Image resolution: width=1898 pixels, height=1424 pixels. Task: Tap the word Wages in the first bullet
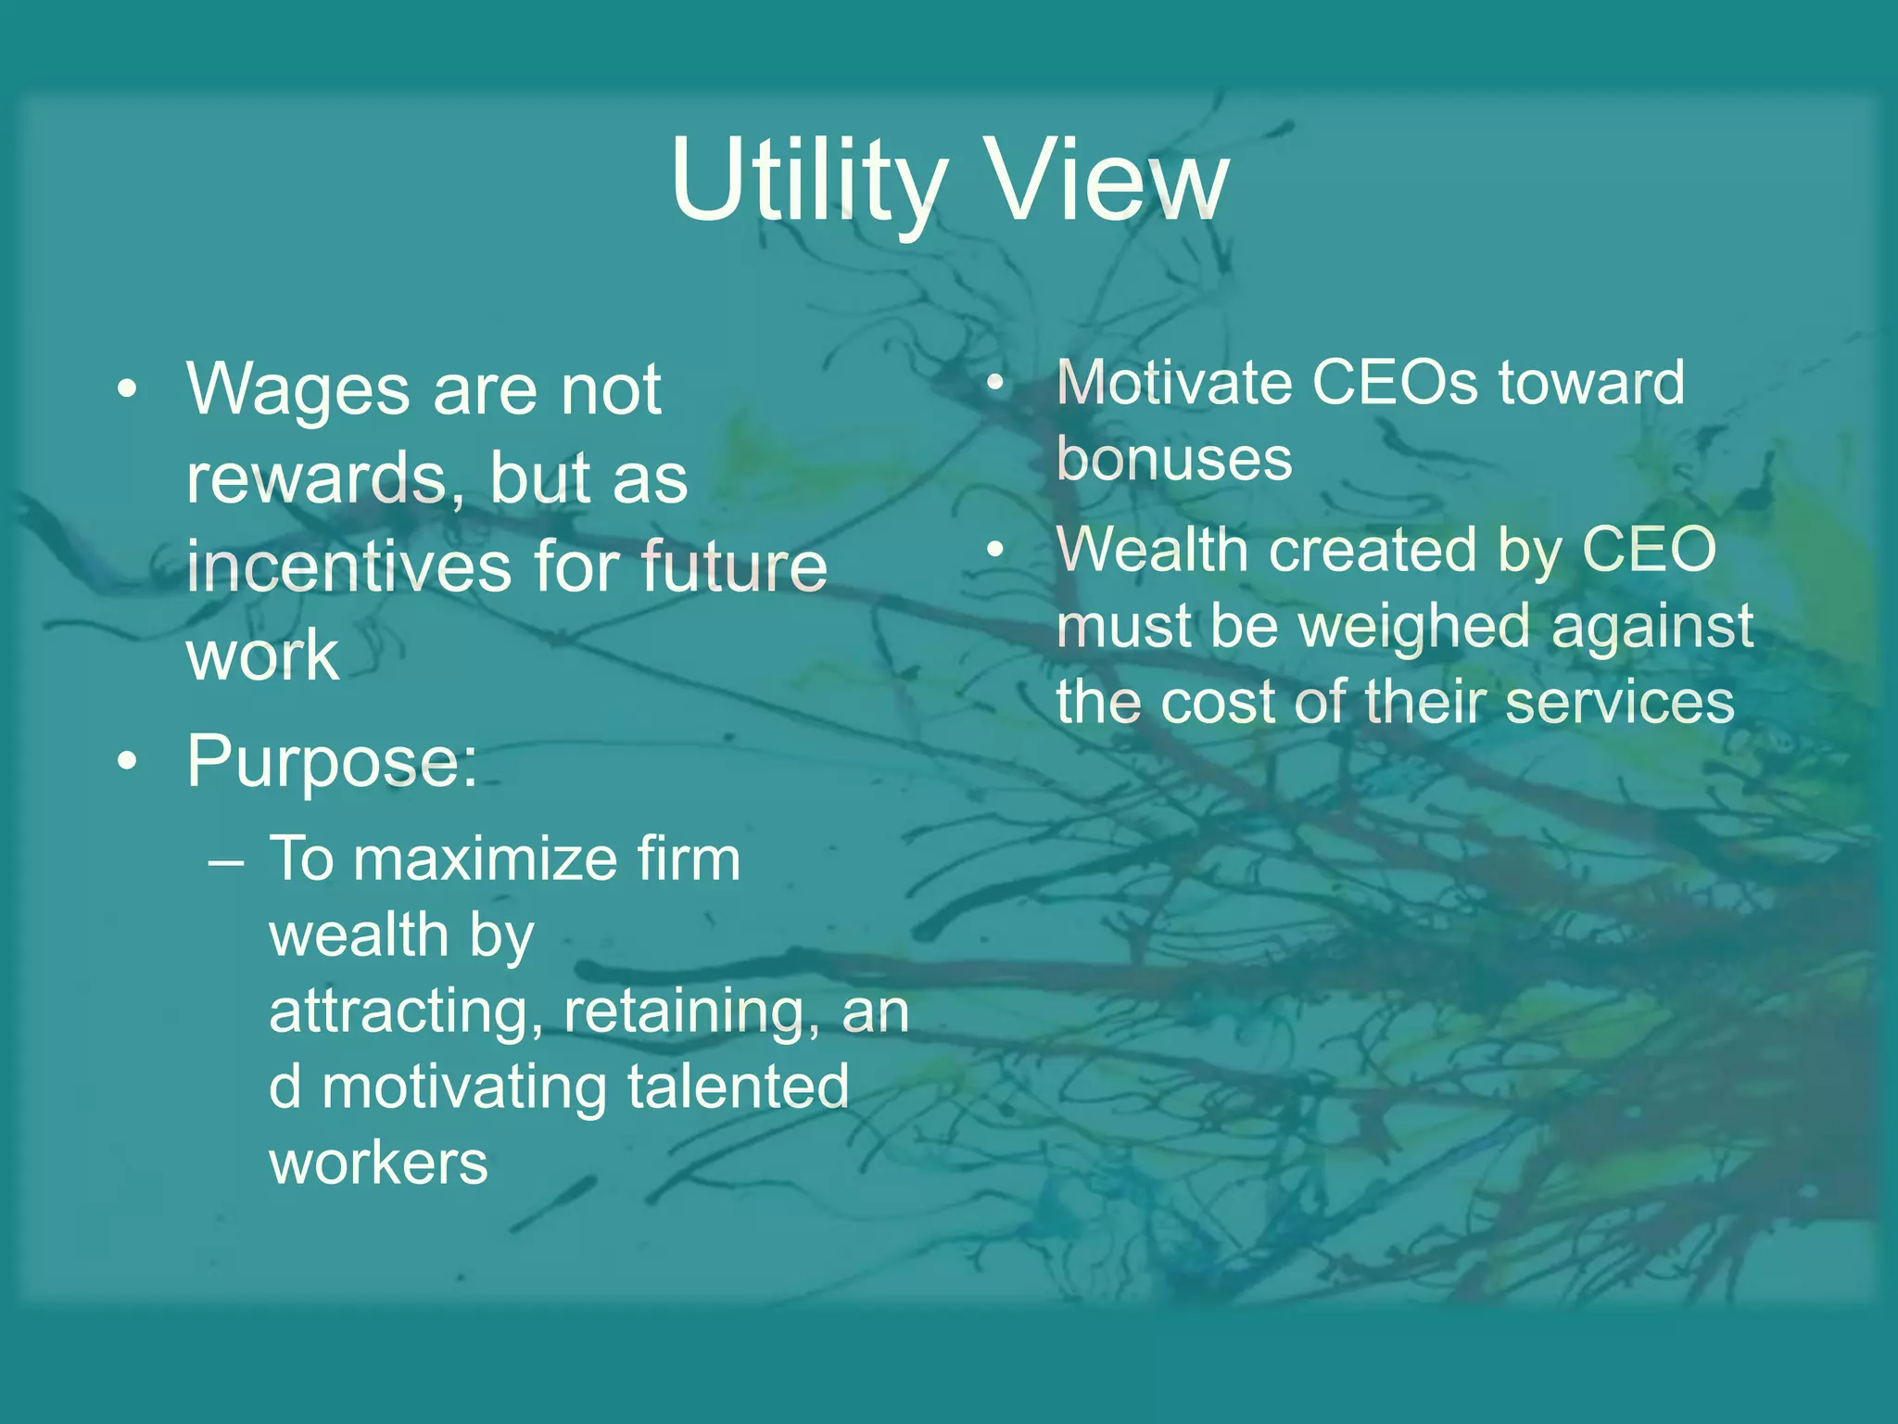pos(297,389)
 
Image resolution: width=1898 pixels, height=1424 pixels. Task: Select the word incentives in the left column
pos(347,566)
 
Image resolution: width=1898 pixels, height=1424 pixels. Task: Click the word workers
pos(378,1163)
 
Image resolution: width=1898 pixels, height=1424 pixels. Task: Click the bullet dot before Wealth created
pos(995,550)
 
